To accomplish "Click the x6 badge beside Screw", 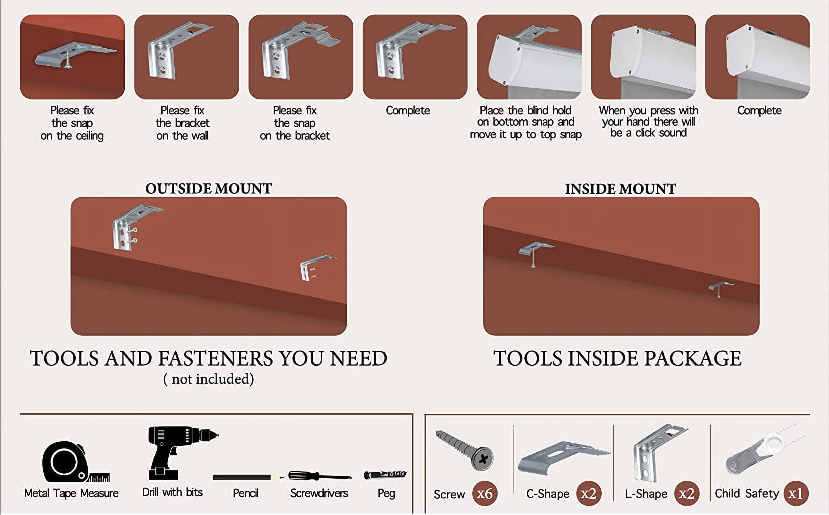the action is click(x=485, y=493).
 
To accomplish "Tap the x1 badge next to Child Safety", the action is click(x=796, y=493).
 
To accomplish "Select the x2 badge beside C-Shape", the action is click(x=589, y=493).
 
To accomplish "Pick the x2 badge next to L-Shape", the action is click(x=687, y=493).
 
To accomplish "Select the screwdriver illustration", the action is click(x=320, y=476).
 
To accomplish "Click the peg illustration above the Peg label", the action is click(x=385, y=474).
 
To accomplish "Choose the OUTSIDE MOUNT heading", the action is click(x=208, y=188).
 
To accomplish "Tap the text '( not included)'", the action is click(x=208, y=379).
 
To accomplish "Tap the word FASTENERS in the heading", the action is click(x=215, y=358).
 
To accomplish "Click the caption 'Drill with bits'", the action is click(x=172, y=492).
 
